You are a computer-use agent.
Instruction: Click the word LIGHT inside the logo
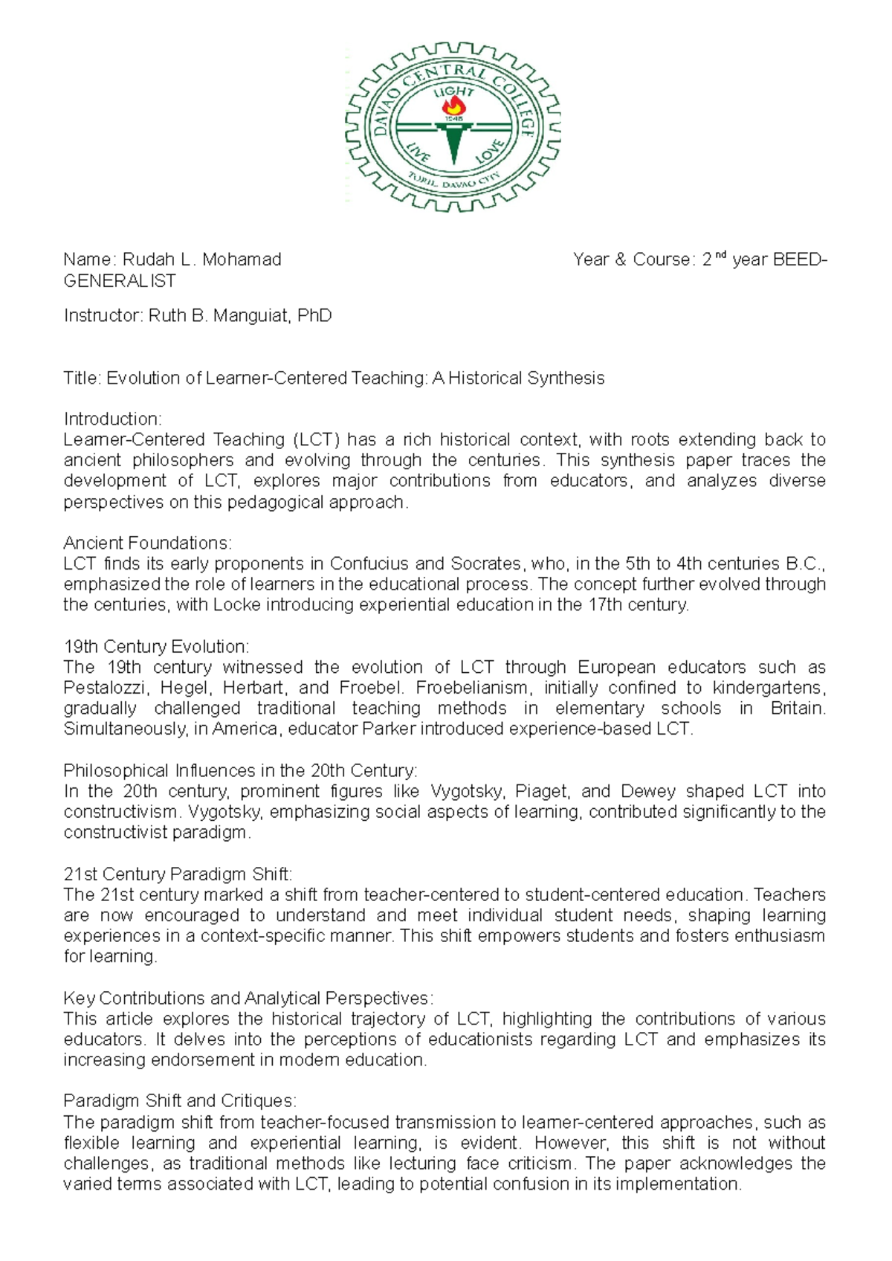click(453, 92)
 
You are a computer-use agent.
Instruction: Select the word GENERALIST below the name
click(120, 281)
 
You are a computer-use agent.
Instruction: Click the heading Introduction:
click(112, 419)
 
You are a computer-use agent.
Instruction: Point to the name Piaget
click(543, 791)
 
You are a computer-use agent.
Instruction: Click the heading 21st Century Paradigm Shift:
click(178, 874)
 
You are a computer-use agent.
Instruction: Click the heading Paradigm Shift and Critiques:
click(180, 1100)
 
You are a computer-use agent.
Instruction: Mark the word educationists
click(480, 1039)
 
